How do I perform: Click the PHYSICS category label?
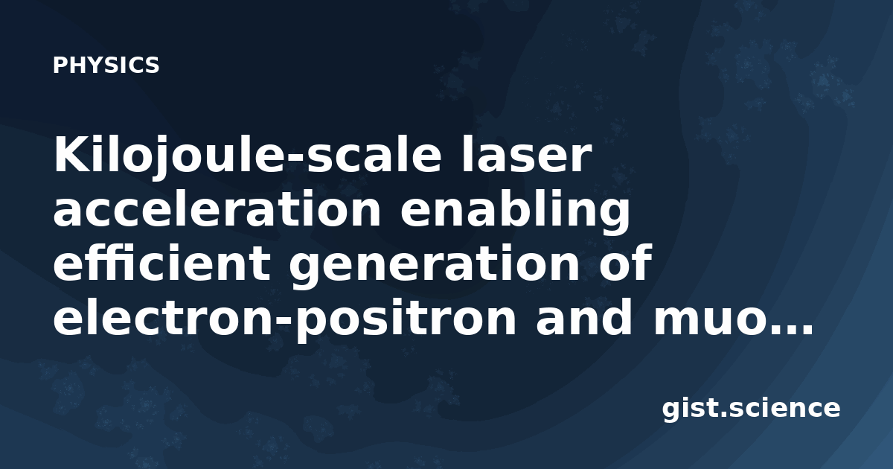(x=106, y=66)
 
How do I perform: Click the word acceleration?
(x=217, y=210)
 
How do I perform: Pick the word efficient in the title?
(x=161, y=263)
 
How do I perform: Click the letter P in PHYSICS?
(x=60, y=66)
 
